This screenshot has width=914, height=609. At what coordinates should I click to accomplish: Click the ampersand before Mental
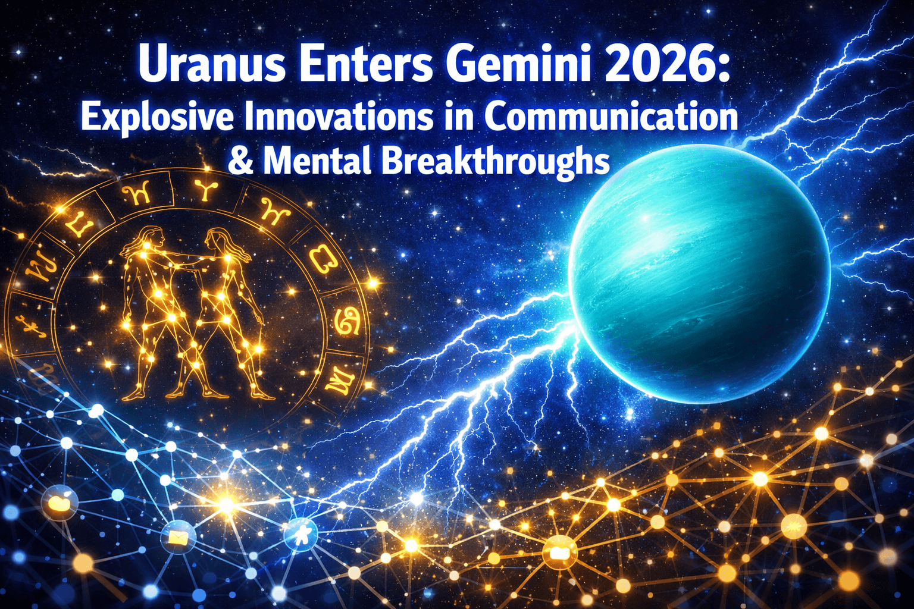point(240,161)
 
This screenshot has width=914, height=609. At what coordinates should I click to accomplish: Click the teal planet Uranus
point(699,274)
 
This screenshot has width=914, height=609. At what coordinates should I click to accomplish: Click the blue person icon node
point(301,533)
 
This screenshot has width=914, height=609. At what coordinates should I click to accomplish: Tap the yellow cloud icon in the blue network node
point(60,503)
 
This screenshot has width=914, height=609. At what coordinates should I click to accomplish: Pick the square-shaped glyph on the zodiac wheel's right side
point(321,259)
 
